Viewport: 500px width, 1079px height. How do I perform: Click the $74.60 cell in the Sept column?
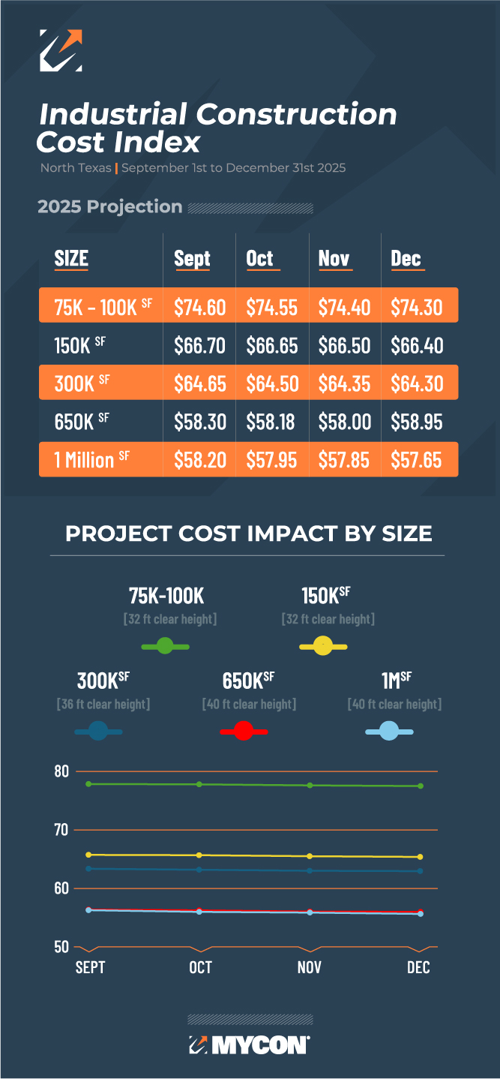click(200, 307)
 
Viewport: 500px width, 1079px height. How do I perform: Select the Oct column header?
click(260, 259)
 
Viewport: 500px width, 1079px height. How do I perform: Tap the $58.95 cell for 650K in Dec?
click(417, 422)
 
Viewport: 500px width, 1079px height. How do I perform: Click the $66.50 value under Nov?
click(344, 345)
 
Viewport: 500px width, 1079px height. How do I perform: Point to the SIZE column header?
click(71, 259)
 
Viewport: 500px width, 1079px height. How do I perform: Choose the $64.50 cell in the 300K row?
click(272, 383)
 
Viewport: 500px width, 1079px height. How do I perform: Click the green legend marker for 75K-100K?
click(165, 645)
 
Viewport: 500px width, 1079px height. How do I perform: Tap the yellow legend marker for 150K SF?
click(323, 645)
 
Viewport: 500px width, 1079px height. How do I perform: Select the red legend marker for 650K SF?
click(243, 731)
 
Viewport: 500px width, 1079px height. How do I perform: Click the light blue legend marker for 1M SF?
click(388, 731)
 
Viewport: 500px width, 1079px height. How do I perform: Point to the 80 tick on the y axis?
click(61, 771)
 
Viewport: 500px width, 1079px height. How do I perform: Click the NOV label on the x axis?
click(309, 967)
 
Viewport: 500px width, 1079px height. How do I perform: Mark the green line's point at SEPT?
click(89, 784)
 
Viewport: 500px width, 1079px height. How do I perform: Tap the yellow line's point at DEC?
click(420, 857)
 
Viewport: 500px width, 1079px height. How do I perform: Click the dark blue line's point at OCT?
click(199, 870)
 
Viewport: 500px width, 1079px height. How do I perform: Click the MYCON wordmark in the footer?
click(259, 1045)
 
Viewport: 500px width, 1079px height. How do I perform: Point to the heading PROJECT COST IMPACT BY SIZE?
click(249, 533)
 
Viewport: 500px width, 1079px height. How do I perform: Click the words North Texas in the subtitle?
click(76, 168)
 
